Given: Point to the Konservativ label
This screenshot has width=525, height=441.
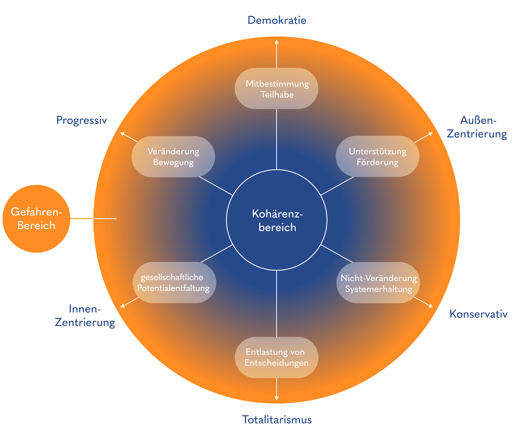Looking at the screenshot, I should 478,314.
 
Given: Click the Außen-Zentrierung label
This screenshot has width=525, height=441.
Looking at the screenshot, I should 477,127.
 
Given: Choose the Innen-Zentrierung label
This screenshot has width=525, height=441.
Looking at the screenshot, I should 85,316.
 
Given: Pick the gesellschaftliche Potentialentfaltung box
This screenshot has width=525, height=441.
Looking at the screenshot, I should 174,283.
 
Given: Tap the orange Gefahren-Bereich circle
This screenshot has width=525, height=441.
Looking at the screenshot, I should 36,218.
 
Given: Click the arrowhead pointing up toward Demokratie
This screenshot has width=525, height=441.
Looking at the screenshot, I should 276,42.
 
